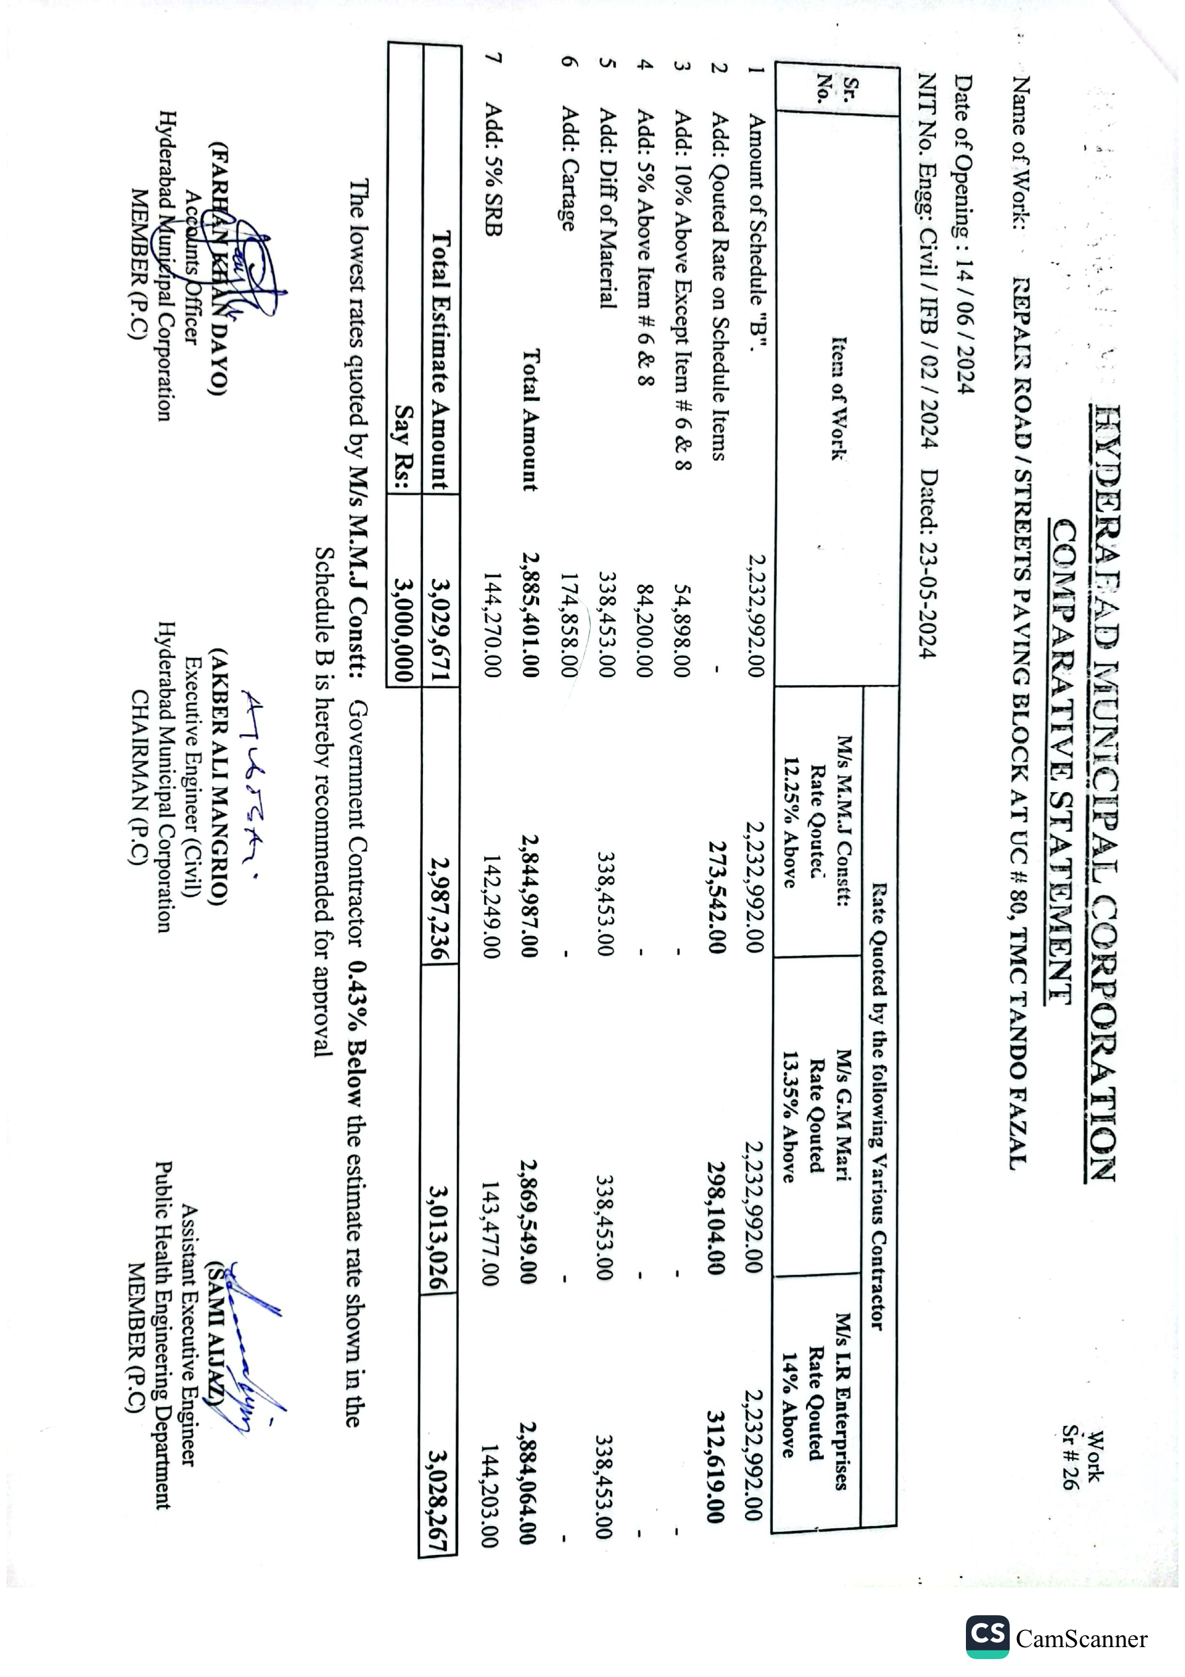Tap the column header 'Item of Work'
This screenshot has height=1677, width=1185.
[838, 399]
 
